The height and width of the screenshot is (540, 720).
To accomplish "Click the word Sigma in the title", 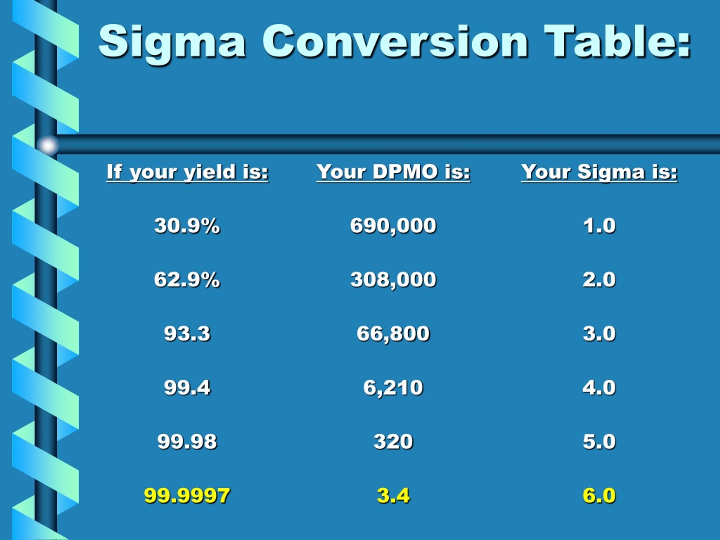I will click(172, 42).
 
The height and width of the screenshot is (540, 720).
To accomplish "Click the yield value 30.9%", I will click(187, 225).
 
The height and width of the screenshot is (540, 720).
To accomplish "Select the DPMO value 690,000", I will click(393, 225).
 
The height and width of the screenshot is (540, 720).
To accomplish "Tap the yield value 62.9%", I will click(187, 279).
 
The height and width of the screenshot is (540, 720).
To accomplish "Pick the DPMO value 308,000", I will click(393, 279).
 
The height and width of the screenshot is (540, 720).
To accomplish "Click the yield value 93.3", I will click(187, 333).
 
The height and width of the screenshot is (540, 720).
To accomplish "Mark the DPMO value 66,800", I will click(393, 333).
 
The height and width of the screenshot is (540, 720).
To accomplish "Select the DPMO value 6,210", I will click(393, 387).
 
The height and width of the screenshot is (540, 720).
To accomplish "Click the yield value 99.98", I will click(187, 441).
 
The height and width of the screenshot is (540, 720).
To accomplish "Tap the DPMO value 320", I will click(393, 441).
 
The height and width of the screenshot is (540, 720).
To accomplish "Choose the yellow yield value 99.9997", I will click(187, 495).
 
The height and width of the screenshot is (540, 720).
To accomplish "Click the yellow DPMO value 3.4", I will click(393, 495).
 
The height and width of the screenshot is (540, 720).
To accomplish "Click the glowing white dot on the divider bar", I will click(48, 145).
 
